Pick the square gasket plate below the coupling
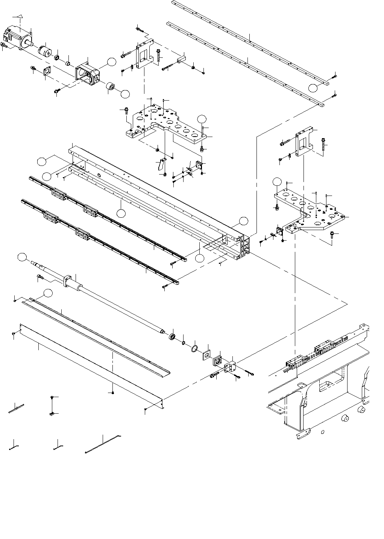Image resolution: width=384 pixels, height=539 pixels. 47,71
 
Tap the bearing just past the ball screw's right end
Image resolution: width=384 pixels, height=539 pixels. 173,336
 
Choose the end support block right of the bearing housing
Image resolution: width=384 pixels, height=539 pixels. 229,367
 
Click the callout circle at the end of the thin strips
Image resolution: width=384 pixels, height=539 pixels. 313,88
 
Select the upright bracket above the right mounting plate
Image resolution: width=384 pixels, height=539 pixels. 304,142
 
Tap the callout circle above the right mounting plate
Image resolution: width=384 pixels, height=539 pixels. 277,181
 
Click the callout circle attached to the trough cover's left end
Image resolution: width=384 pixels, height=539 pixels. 47,293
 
